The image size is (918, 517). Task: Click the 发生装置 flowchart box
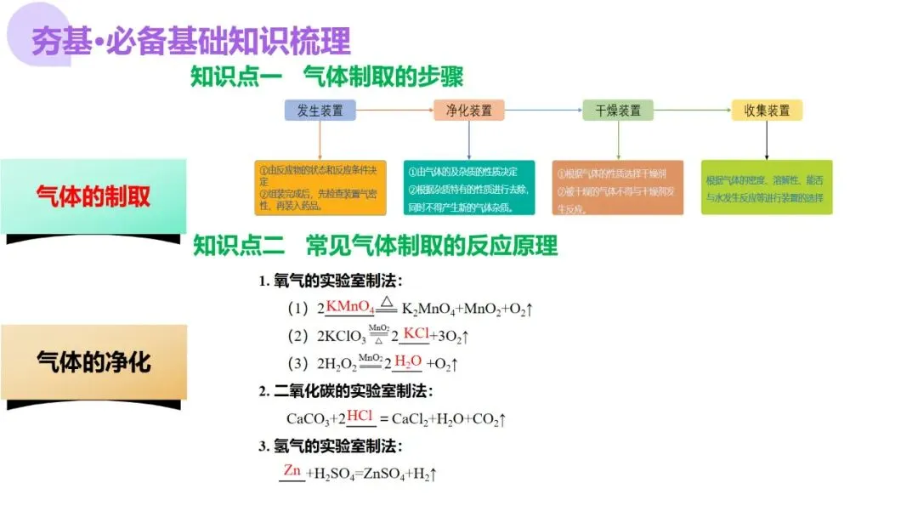click(x=320, y=110)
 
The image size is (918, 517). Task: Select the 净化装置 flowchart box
click(x=468, y=110)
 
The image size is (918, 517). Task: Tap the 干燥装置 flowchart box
click(x=618, y=110)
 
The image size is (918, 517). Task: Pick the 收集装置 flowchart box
click(x=767, y=110)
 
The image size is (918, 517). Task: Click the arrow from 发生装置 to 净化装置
click(x=394, y=110)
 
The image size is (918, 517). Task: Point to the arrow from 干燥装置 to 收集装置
click(x=692, y=110)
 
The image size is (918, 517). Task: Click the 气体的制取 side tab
click(x=93, y=196)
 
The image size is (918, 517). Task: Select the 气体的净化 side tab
click(x=93, y=362)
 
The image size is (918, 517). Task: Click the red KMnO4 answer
click(x=350, y=306)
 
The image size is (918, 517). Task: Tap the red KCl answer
click(x=416, y=333)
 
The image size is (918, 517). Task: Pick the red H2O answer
click(x=408, y=361)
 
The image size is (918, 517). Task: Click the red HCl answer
click(x=360, y=416)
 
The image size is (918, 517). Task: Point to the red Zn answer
click(x=292, y=470)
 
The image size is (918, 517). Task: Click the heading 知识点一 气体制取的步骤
click(x=326, y=76)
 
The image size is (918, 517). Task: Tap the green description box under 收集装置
click(x=767, y=188)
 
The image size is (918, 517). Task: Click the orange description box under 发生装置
click(x=320, y=188)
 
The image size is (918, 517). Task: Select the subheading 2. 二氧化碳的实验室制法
click(x=346, y=391)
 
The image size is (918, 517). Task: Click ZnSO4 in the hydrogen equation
click(x=385, y=474)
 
